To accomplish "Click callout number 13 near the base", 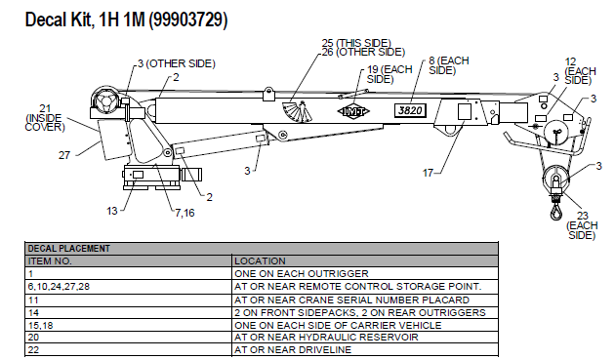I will point(111,209).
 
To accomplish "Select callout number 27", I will point(64,154).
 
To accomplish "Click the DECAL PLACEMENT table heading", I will point(68,249).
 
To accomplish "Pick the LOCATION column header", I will point(260,260).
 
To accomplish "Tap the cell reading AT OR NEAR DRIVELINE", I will point(279,349).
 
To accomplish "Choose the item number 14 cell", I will point(34,311).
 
